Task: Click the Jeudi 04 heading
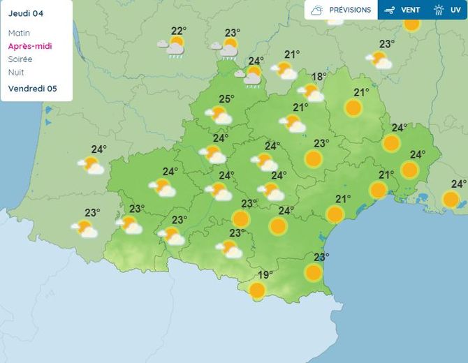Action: point(24,13)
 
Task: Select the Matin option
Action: point(19,33)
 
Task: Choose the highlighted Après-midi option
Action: point(30,46)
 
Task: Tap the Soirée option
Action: point(20,59)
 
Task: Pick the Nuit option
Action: point(15,73)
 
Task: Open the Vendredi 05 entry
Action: point(32,89)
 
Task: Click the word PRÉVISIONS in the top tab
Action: point(350,10)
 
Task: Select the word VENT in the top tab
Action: point(410,10)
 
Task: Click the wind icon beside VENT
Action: point(390,10)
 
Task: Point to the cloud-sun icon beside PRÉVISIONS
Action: point(317,10)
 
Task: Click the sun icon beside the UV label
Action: point(439,10)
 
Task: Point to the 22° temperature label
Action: point(179,31)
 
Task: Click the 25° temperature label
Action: point(226,99)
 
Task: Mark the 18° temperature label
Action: point(319,77)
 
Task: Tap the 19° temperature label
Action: point(265,275)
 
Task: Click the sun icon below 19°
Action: point(258,290)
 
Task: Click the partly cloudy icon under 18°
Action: point(311,93)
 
